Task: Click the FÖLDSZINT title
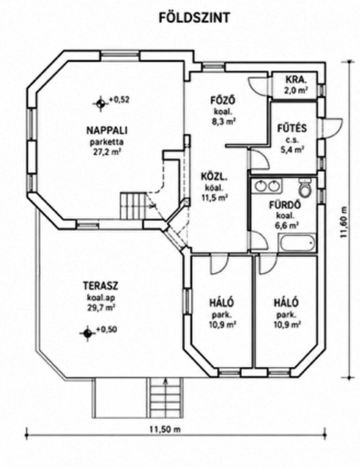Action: (194, 18)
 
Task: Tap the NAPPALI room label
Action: (107, 130)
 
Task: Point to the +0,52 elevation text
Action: (119, 100)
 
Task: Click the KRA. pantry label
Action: (296, 80)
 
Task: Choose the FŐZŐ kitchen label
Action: (223, 101)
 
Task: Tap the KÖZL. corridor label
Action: (214, 178)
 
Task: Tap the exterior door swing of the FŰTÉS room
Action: (333, 127)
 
